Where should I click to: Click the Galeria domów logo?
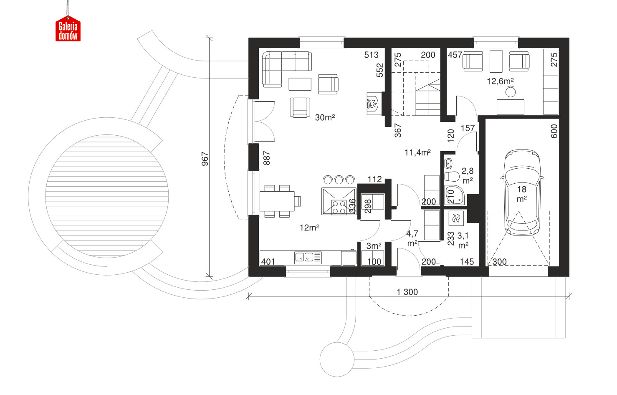click(x=68, y=28)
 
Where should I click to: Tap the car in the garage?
click(x=522, y=192)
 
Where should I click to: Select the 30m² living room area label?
click(x=325, y=118)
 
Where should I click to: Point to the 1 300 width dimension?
click(x=407, y=292)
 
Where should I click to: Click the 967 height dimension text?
click(x=205, y=159)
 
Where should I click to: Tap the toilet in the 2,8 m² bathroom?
click(x=452, y=177)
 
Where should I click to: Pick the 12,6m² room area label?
click(x=500, y=81)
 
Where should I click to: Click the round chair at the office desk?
click(x=511, y=92)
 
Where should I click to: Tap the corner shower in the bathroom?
click(x=455, y=195)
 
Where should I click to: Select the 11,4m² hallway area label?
click(x=417, y=152)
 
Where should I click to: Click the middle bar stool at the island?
click(x=339, y=180)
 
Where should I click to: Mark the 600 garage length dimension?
click(x=554, y=131)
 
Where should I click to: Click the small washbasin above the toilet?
click(x=449, y=164)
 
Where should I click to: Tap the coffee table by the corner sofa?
click(x=300, y=84)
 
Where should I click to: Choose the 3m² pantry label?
click(x=374, y=246)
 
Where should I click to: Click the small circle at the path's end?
click(x=337, y=360)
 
